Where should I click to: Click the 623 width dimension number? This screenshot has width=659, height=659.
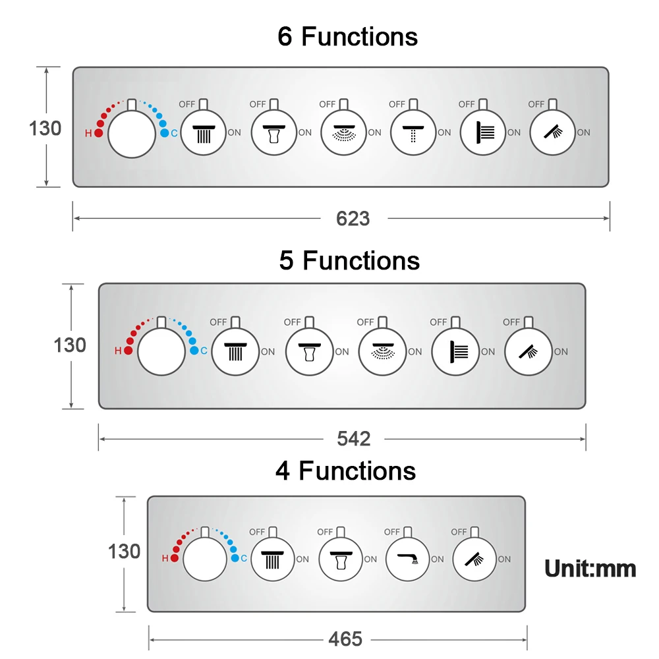point(353,219)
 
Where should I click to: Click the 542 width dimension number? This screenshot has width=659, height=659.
point(353,439)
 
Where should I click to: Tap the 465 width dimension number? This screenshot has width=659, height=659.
point(345,639)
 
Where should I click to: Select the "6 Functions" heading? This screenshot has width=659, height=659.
point(347,36)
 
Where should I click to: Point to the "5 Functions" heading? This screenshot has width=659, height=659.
point(349,260)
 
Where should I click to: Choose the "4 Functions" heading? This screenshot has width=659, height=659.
point(345,471)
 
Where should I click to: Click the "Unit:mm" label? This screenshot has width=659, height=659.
point(590,569)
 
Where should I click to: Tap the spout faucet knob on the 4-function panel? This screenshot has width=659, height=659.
point(407,559)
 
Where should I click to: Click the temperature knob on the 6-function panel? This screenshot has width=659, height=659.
point(132,134)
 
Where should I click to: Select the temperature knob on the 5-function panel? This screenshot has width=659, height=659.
point(161,351)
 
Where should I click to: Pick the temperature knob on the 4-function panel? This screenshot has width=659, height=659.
point(205,559)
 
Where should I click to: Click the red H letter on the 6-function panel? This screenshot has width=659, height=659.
point(88,134)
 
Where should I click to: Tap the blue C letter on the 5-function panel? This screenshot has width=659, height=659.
point(204,351)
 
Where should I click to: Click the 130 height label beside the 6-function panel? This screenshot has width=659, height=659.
point(45,129)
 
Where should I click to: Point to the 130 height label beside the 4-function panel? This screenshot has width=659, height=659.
point(124,552)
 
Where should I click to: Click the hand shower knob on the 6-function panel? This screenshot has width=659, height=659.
point(553,132)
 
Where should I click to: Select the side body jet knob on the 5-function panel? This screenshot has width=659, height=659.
point(455,351)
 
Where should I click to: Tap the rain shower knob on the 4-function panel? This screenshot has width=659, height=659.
point(273,559)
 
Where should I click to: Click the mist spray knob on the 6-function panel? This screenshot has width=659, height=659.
point(344,132)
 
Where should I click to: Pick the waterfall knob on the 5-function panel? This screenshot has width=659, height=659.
point(309,351)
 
